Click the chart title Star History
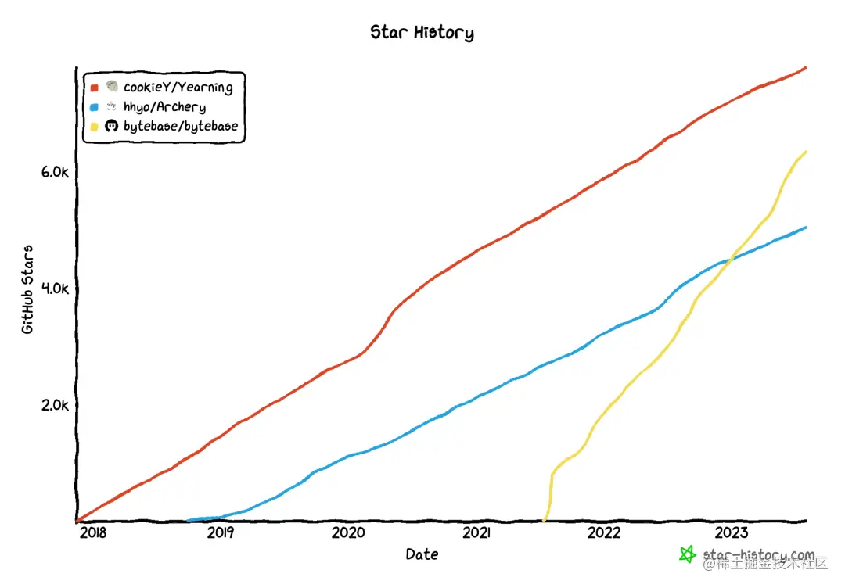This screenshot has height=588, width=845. tap(422, 32)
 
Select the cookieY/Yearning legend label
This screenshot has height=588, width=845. tap(178, 88)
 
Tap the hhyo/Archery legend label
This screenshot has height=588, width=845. tap(164, 107)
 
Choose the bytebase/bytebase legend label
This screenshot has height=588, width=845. tap(180, 126)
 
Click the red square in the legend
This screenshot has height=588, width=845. tap(95, 88)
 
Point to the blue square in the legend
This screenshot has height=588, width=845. tap(95, 107)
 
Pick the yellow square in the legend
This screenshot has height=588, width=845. tap(95, 126)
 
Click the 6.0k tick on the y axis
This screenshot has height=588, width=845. tap(55, 172)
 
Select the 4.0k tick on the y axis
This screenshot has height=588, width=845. tap(55, 289)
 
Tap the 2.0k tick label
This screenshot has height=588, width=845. tap(55, 405)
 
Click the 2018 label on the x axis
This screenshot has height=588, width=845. tap(92, 533)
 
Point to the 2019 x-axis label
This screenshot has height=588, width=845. tap(221, 533)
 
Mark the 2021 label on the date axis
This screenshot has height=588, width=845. tap(476, 533)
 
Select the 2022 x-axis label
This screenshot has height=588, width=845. tap(604, 533)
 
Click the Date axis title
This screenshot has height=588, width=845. tap(422, 554)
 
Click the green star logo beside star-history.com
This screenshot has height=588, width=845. tap(687, 554)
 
